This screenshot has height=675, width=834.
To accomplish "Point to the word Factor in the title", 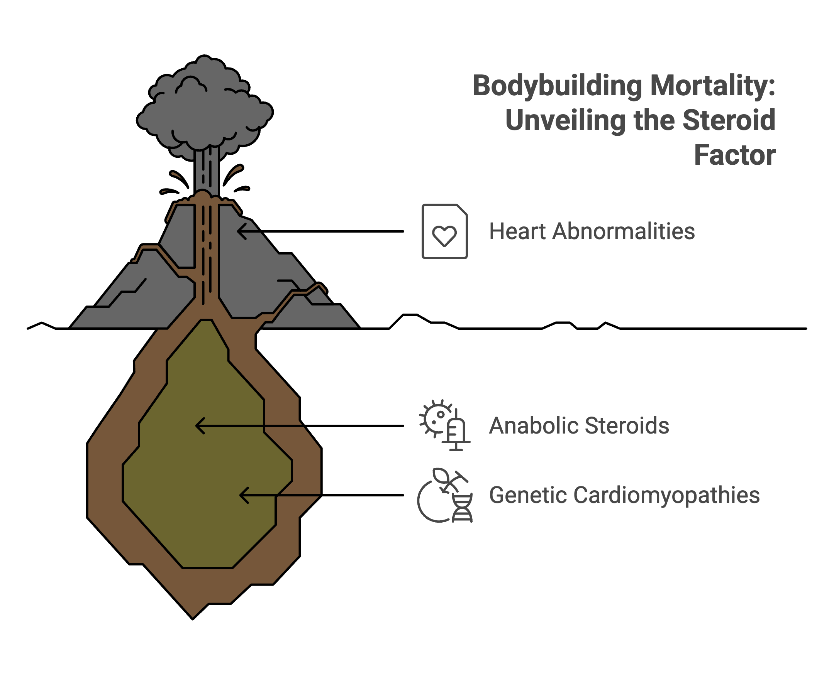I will click(735, 155).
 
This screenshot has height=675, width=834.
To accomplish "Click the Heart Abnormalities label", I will click(592, 231).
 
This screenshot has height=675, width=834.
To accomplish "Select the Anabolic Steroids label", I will click(579, 425).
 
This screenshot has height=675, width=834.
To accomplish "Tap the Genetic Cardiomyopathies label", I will click(624, 495).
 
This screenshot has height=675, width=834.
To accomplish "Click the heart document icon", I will click(444, 231).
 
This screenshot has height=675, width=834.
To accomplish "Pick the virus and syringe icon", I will click(444, 425).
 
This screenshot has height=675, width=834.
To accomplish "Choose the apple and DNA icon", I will click(444, 495).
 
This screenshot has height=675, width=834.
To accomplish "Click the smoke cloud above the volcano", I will click(204, 109).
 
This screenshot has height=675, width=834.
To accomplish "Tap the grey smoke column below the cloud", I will click(206, 171).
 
